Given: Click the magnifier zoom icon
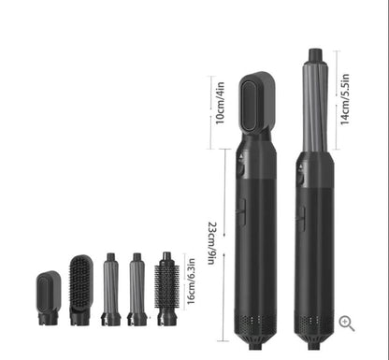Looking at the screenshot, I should click(x=346, y=323).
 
